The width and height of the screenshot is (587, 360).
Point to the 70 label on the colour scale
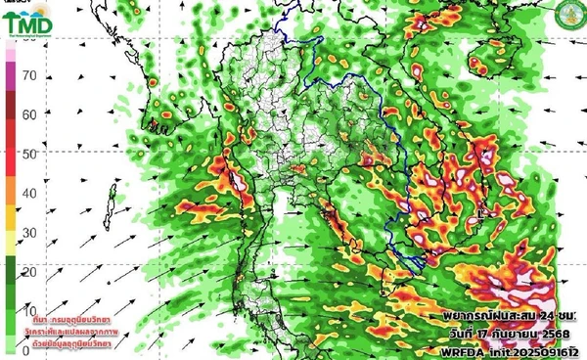click(x=29, y=75)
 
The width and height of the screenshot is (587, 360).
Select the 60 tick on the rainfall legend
click(x=29, y=114)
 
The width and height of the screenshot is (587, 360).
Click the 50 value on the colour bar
click(x=29, y=154)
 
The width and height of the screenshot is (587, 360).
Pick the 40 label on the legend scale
click(x=29, y=193)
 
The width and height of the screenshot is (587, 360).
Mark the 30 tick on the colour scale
click(x=29, y=233)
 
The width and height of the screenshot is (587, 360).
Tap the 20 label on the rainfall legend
click(x=29, y=271)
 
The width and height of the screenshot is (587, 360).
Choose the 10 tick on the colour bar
click(x=29, y=310)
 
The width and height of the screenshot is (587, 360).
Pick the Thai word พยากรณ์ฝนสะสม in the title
click(x=483, y=319)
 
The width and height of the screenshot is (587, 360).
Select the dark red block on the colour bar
click(x=10, y=122)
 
